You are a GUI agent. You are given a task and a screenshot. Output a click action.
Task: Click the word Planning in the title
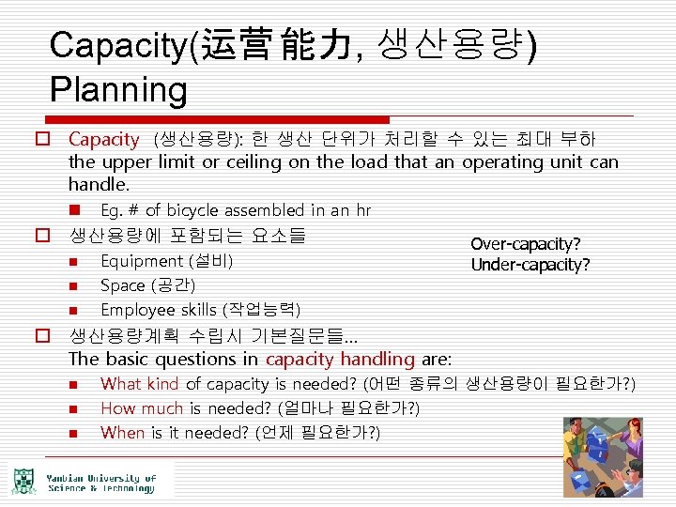point(119,89)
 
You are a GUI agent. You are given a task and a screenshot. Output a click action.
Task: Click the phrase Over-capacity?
point(526,244)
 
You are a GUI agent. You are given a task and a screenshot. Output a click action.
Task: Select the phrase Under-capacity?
point(530,265)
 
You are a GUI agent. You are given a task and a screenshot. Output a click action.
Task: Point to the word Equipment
point(142,261)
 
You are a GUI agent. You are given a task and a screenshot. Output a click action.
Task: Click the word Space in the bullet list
point(122,285)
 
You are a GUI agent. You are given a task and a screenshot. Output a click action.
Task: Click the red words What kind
point(139,383)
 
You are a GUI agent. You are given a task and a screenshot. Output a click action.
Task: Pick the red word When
point(122,432)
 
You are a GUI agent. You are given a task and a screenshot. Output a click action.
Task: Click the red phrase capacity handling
point(340,359)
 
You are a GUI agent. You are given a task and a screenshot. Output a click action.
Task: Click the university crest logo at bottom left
point(23,481)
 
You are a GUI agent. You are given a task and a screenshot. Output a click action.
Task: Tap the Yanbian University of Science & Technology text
point(101,483)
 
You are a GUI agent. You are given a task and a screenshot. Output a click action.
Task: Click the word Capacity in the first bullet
point(103,139)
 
